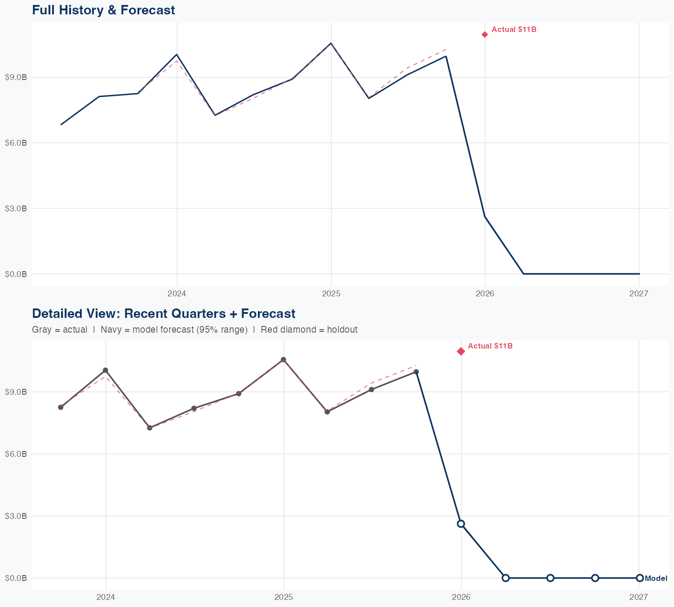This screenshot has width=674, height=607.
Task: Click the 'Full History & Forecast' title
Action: [103, 10]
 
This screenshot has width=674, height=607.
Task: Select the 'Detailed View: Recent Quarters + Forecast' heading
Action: [164, 313]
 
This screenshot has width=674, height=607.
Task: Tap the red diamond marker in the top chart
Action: [485, 35]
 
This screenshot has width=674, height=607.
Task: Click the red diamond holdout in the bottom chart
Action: [461, 351]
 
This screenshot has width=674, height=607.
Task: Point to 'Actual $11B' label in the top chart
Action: [514, 30]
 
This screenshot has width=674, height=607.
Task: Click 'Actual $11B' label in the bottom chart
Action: [490, 346]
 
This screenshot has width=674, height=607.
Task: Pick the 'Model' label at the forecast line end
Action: [656, 578]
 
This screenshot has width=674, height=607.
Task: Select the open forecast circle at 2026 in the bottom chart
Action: [461, 524]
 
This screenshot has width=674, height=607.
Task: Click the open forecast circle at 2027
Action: [639, 578]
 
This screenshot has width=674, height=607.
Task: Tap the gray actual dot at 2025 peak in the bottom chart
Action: [284, 360]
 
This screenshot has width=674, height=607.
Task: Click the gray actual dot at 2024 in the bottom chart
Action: [105, 370]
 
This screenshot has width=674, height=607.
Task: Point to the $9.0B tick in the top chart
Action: [16, 77]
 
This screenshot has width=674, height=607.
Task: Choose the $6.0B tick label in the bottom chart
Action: [16, 454]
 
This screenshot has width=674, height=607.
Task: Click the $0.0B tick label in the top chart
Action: [16, 274]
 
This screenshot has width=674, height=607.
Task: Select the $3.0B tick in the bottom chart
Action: [16, 516]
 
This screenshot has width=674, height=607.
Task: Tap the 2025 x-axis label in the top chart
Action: [331, 294]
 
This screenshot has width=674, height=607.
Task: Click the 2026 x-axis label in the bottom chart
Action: [461, 597]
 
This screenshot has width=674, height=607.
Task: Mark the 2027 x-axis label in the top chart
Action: [639, 294]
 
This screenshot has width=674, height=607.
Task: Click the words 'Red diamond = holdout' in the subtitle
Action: [309, 330]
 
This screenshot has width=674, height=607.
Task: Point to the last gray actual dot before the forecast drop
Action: [416, 372]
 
